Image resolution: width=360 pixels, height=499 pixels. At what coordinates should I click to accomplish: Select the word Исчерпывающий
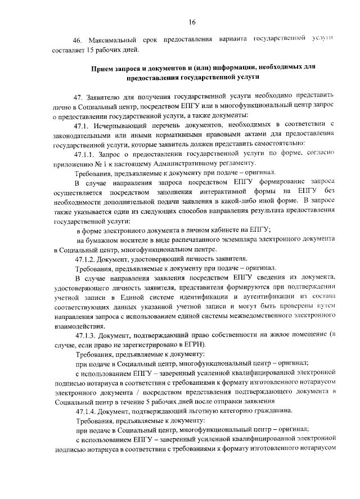pyautogui.click(x=124, y=123)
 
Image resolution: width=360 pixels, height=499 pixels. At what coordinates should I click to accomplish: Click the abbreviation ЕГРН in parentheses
pyautogui.click(x=193, y=344)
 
